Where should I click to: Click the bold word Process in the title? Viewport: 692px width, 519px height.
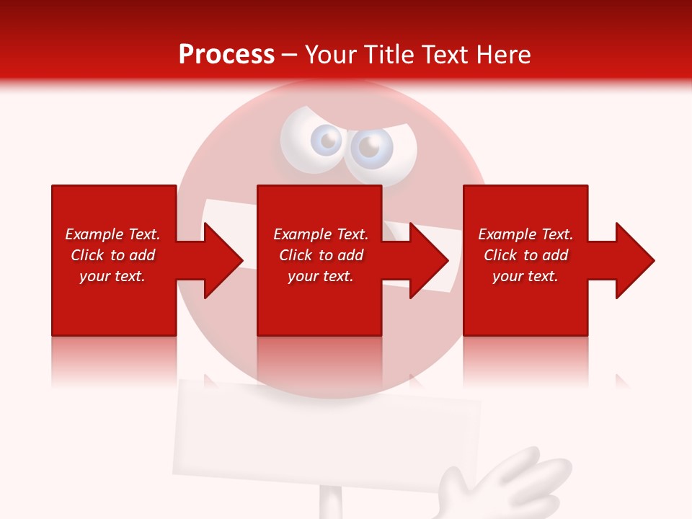tap(226, 55)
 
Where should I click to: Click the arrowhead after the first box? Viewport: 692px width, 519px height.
tap(221, 260)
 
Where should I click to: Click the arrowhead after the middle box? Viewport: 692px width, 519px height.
tap(426, 260)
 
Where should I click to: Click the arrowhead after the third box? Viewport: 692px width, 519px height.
tap(632, 260)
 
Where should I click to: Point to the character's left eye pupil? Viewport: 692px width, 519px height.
tap(328, 141)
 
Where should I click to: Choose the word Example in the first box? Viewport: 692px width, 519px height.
tap(93, 234)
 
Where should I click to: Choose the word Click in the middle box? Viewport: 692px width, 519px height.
tap(295, 255)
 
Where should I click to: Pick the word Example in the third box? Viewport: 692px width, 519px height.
tap(506, 234)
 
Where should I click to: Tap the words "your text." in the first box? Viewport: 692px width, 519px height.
tap(112, 276)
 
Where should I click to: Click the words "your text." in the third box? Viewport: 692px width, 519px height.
tap(525, 276)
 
